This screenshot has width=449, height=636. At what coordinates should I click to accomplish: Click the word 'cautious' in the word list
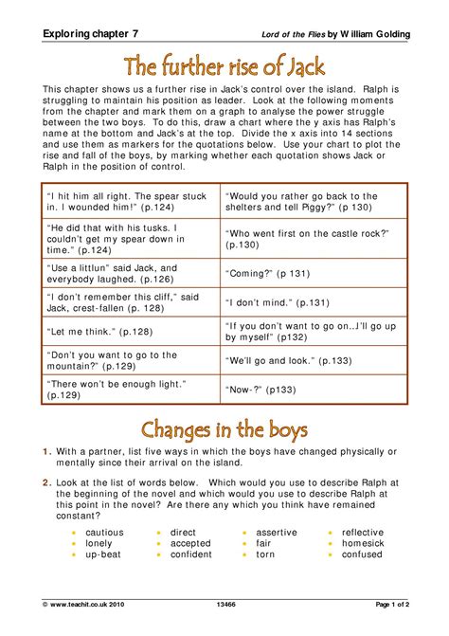(x=104, y=533)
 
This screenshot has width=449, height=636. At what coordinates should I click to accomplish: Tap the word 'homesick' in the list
(x=363, y=543)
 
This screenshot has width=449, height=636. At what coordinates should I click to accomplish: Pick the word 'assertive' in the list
(x=276, y=533)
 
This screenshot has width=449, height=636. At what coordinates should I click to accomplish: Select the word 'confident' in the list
(x=191, y=554)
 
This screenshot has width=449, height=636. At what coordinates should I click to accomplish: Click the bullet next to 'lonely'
(x=74, y=544)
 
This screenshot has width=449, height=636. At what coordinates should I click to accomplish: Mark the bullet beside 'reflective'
(x=330, y=534)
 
